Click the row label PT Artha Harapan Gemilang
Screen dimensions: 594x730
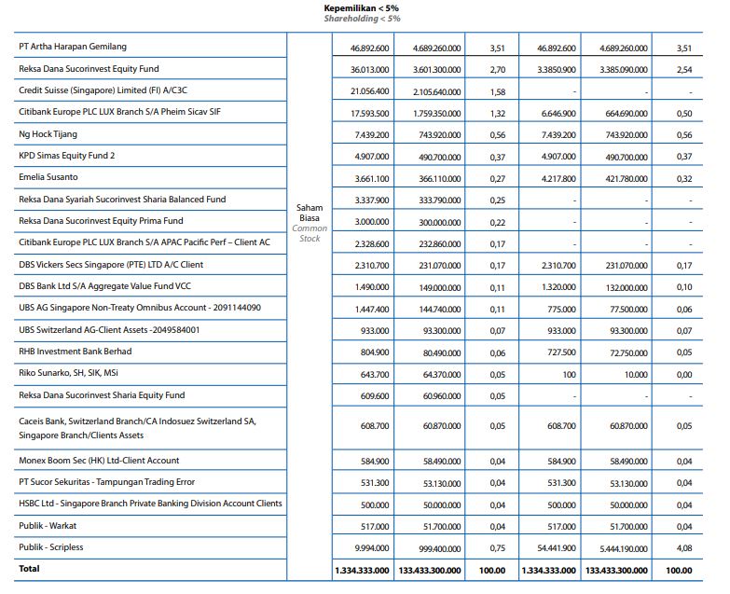(x=73, y=47)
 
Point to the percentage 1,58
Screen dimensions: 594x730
(x=497, y=91)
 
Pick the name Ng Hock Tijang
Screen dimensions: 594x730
(x=49, y=134)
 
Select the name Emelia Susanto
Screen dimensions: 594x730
(x=48, y=177)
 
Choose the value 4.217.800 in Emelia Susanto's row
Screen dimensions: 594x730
(x=557, y=178)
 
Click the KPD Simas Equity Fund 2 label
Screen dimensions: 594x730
(x=67, y=156)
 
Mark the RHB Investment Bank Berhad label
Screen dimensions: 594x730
(x=76, y=352)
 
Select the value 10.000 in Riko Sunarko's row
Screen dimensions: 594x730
(x=635, y=374)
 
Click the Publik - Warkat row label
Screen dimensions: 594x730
(x=49, y=525)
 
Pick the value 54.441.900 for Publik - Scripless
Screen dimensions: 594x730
(x=556, y=547)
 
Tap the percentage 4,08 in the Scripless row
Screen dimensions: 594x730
(x=684, y=547)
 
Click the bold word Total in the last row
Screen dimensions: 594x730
(x=30, y=569)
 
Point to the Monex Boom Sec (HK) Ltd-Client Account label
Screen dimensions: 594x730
(x=100, y=461)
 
